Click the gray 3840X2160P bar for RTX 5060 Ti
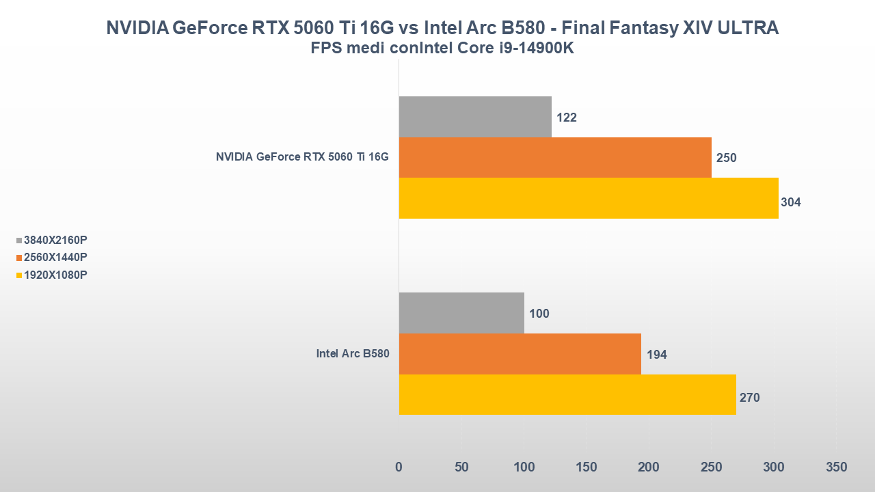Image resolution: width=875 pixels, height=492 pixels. tap(475, 117)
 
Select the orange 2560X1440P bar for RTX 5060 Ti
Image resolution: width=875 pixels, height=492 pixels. tap(555, 157)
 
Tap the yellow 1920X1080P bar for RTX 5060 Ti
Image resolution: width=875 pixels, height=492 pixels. tap(589, 198)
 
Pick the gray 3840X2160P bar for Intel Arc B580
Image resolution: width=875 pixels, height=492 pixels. tap(461, 313)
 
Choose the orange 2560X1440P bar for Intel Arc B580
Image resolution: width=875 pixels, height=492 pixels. tap(520, 354)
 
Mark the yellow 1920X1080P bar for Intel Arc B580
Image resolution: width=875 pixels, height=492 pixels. tap(567, 394)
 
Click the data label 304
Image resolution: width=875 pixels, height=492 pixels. tap(791, 202)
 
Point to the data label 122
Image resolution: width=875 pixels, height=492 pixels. tap(567, 118)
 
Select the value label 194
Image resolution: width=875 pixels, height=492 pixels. tap(656, 355)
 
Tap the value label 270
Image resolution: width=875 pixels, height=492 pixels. tap(749, 397)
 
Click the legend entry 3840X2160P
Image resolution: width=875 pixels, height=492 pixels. tap(55, 240)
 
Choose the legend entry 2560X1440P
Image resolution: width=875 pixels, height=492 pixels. tap(55, 258)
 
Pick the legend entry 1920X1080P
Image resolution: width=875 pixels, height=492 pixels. tap(55, 275)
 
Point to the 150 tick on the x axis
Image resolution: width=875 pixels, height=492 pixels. tap(587, 467)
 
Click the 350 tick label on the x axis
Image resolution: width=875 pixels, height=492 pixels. tap(836, 467)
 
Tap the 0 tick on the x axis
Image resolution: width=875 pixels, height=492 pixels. tap(399, 467)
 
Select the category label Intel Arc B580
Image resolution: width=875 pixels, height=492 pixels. tap(353, 354)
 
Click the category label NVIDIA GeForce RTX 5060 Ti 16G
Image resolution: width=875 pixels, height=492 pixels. tap(302, 156)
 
